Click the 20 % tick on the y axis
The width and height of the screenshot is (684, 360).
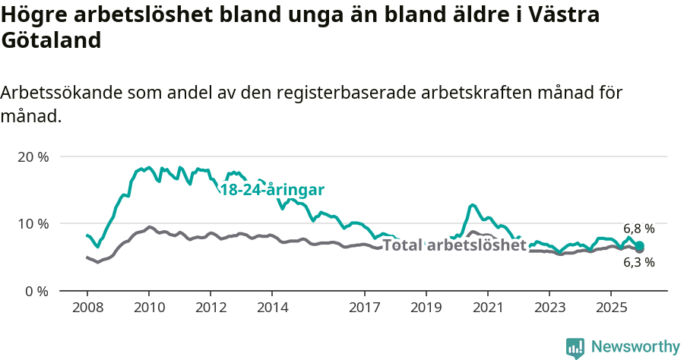pyautogui.click(x=33, y=157)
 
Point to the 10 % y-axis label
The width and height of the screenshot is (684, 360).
pyautogui.click(x=33, y=224)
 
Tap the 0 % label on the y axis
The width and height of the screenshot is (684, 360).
pyautogui.click(x=36, y=291)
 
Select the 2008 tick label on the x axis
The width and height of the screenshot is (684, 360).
pyautogui.click(x=87, y=308)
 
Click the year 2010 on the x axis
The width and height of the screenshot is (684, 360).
pyautogui.click(x=149, y=308)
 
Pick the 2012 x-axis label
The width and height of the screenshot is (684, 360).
pyautogui.click(x=211, y=308)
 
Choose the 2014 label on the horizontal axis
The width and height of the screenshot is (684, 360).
pyautogui.click(x=272, y=308)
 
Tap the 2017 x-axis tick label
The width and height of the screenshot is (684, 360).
pyautogui.click(x=364, y=308)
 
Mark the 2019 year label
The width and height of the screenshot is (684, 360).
pyautogui.click(x=426, y=308)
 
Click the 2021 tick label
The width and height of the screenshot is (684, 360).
pyautogui.click(x=487, y=308)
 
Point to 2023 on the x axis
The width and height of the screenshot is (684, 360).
pyautogui.click(x=549, y=308)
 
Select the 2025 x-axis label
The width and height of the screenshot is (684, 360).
pyautogui.click(x=611, y=308)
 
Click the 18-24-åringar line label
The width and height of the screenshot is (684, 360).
pyautogui.click(x=272, y=190)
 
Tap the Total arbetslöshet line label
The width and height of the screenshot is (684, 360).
pyautogui.click(x=454, y=245)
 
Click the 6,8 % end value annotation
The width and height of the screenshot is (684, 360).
pyautogui.click(x=638, y=229)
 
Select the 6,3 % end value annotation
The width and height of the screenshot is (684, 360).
pyautogui.click(x=638, y=263)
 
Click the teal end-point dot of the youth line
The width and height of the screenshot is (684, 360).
pyautogui.click(x=640, y=245)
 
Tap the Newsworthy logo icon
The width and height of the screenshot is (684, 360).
pyautogui.click(x=575, y=348)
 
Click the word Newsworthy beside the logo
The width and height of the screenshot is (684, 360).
pyautogui.click(x=635, y=347)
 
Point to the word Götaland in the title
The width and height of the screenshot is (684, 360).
pyautogui.click(x=51, y=41)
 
